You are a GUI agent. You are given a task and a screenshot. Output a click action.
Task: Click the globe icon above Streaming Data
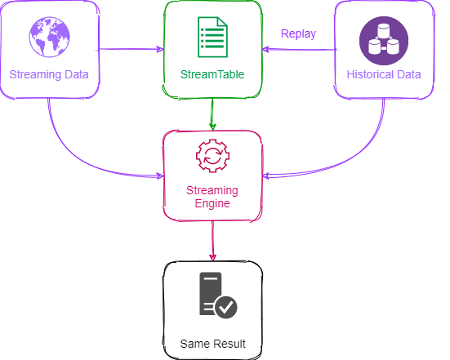[x=49, y=37]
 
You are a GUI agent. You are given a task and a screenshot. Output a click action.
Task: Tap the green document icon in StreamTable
[x=212, y=37]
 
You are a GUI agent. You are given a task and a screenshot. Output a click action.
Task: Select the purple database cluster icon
[x=384, y=41]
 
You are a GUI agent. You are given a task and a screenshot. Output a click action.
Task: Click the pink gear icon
[x=212, y=156]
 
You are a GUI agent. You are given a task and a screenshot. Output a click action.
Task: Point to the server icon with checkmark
[x=218, y=296]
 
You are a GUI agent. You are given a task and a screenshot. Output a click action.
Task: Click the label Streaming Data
[x=49, y=74]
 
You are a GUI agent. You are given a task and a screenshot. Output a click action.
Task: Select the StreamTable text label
[x=212, y=74]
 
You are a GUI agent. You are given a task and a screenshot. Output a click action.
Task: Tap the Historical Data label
[x=384, y=74]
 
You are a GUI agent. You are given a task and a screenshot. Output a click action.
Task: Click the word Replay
[x=298, y=34]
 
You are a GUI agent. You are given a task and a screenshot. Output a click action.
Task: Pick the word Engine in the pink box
[x=212, y=203]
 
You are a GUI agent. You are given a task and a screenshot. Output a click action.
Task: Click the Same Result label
[x=212, y=344]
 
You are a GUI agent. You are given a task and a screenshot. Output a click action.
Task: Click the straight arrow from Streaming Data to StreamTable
[x=131, y=49]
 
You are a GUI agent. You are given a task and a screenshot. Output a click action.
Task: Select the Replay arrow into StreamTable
[x=299, y=50]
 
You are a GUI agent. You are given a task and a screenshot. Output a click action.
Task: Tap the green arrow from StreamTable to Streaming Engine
[x=212, y=114]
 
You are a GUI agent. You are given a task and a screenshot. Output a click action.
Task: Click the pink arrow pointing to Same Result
[x=212, y=241]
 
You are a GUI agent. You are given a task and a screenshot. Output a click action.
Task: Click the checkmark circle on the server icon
[x=226, y=307]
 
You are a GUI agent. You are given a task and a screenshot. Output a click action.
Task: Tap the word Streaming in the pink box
[x=212, y=190]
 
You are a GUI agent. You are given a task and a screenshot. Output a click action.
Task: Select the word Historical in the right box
[x=370, y=74]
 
